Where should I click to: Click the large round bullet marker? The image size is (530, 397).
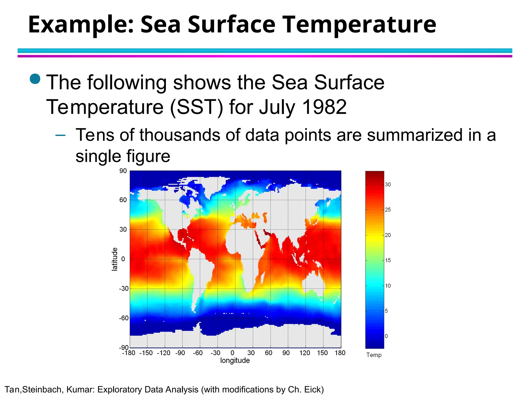coord(35,79)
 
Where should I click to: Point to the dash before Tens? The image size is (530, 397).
coord(60,135)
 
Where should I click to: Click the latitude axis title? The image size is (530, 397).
coord(114,259)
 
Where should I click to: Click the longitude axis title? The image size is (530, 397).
coord(235,360)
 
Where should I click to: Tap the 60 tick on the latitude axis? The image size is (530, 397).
coord(123,200)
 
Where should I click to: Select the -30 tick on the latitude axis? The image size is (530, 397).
coord(123,288)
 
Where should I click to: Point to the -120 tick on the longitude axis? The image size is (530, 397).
coord(164,353)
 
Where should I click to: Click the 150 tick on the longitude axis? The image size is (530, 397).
coord(322,353)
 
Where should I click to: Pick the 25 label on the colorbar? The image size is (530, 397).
coord(388,210)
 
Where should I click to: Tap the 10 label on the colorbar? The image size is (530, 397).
coord(388,286)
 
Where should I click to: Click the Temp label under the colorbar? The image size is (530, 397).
coord(374,355)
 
